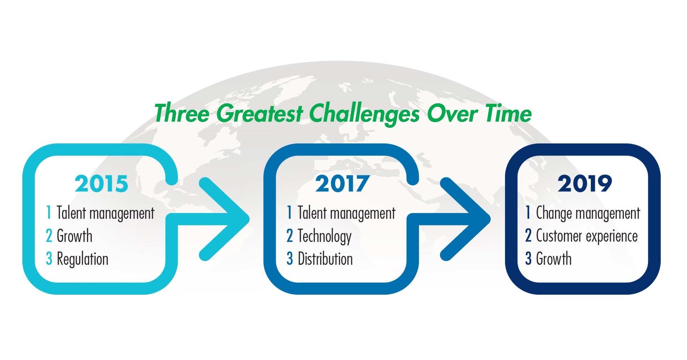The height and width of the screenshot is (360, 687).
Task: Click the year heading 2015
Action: click(x=101, y=184)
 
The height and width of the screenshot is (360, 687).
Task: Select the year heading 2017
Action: click(x=342, y=184)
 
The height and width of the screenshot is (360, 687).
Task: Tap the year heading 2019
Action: click(x=584, y=184)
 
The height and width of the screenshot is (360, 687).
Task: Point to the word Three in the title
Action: click(x=182, y=114)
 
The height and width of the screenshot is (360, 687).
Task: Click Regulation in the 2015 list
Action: click(x=82, y=259)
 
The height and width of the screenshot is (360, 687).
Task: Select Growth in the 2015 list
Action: click(x=75, y=236)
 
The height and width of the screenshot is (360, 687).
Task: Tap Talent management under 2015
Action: click(x=105, y=213)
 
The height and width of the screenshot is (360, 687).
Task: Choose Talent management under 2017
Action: click(x=346, y=213)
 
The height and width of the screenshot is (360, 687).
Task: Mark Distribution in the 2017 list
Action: click(x=325, y=259)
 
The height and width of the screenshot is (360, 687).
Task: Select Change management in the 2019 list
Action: click(x=588, y=213)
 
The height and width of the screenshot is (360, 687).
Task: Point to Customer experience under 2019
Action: click(x=587, y=236)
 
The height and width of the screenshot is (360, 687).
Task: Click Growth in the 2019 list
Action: click(x=554, y=259)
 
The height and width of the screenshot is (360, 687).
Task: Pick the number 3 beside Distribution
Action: click(x=290, y=259)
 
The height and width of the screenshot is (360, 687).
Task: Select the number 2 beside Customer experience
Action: click(x=528, y=236)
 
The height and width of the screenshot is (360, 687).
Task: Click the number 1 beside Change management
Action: click(x=528, y=213)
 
